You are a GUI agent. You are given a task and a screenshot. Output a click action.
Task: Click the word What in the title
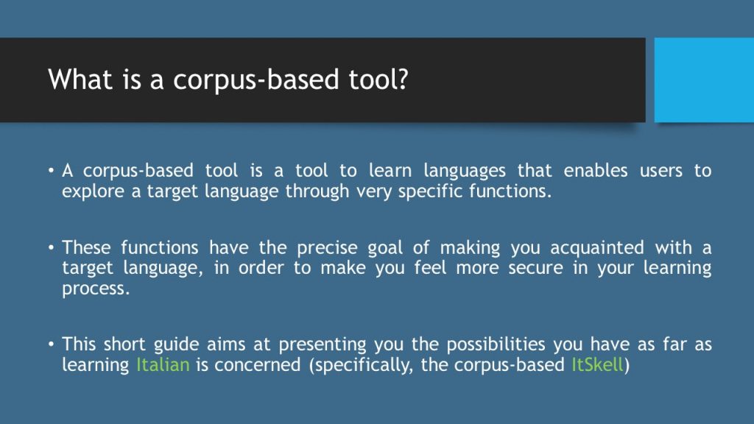80,79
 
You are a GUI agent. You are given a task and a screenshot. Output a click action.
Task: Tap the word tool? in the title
378,79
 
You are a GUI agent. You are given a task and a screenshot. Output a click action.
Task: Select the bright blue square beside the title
704,79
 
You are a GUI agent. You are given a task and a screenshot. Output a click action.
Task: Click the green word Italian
163,364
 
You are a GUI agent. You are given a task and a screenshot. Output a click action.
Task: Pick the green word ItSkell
597,364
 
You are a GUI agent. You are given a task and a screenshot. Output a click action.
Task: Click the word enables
595,170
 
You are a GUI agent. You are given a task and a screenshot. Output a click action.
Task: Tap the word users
660,171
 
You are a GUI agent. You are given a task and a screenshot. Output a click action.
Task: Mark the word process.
96,289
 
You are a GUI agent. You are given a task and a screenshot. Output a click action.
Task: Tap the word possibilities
496,344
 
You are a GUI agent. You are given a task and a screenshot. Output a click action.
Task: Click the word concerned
257,364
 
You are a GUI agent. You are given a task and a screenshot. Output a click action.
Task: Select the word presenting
323,345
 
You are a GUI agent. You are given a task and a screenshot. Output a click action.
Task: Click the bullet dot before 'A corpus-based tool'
51,170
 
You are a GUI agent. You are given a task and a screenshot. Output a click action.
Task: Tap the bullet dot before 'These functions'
51,247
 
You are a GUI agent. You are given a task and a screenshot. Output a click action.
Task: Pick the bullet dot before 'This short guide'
51,344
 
